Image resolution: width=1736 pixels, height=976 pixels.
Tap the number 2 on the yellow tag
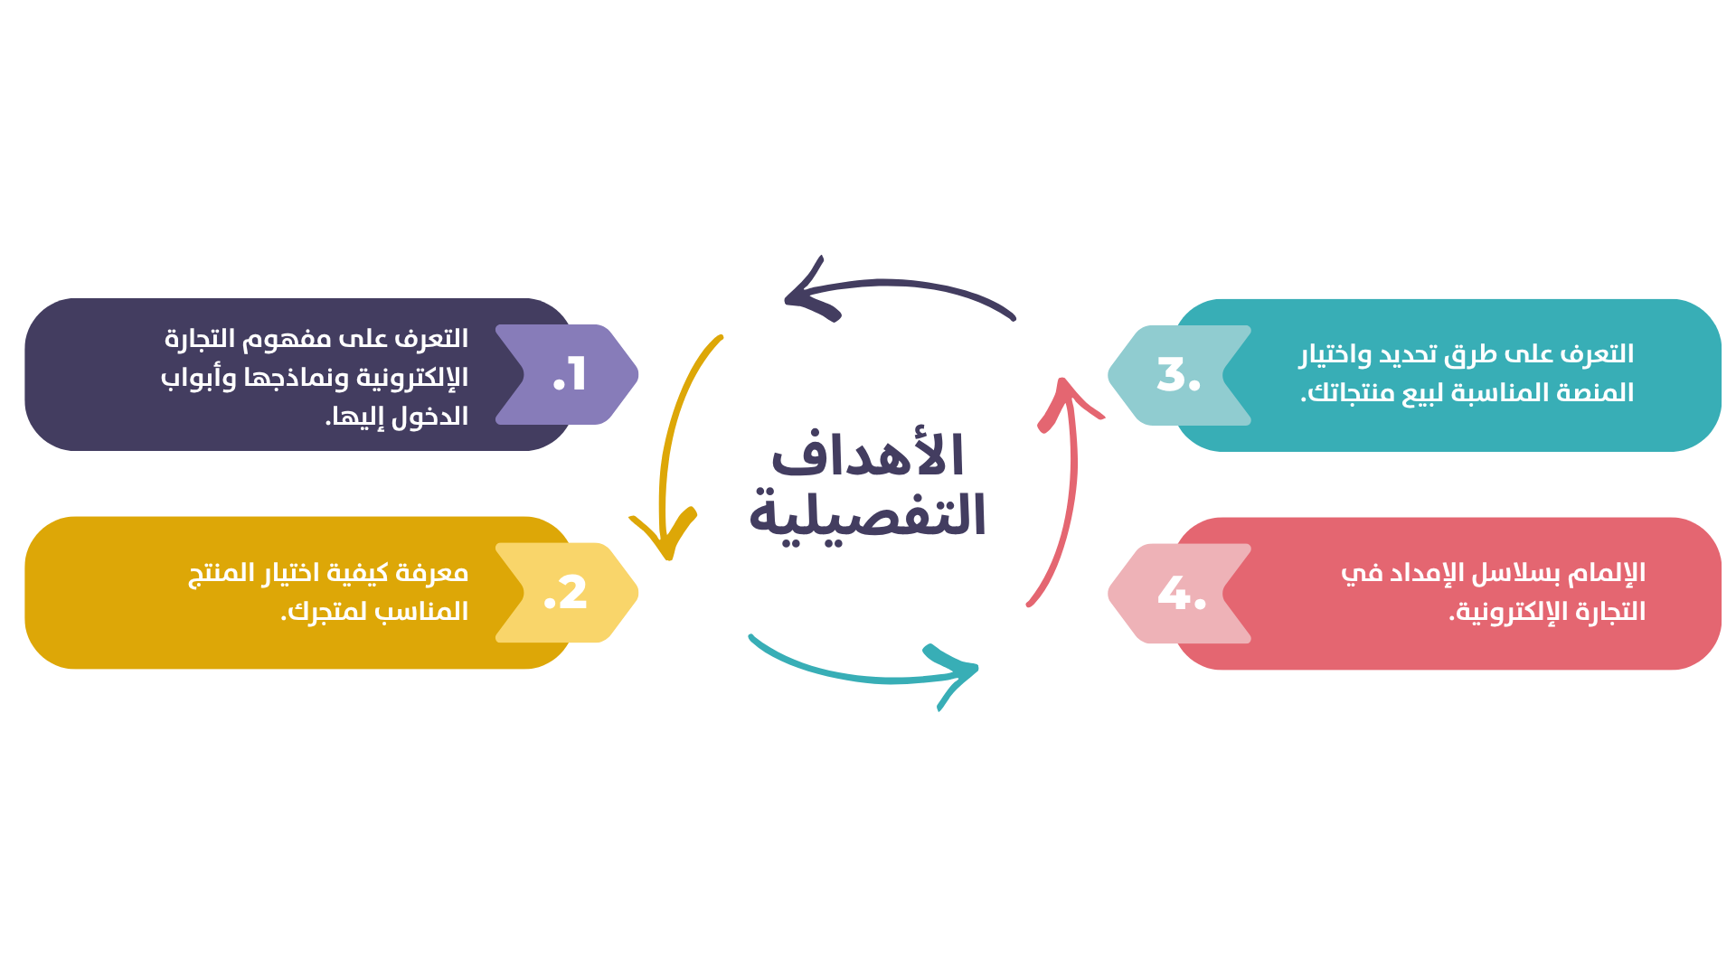pos(572,594)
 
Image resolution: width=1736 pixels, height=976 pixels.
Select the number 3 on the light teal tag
pos(1173,374)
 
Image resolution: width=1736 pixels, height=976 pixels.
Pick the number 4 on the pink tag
pos(1175,594)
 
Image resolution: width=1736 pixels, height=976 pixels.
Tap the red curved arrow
pos(1068,488)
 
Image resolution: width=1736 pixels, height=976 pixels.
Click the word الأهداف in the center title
pos(867,455)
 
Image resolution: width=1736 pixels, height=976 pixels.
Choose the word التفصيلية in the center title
pos(867,515)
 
